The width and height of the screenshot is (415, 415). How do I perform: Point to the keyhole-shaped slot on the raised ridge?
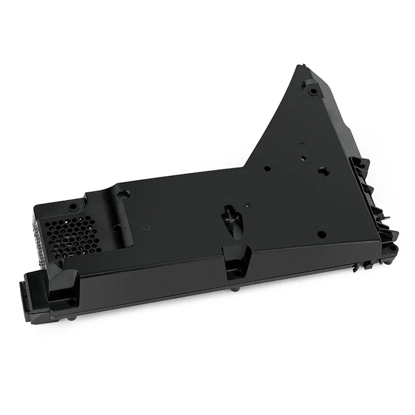[x=120, y=196]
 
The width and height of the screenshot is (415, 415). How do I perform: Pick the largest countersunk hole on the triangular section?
[x=322, y=170]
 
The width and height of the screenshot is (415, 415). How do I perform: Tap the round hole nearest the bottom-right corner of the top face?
[x=321, y=234]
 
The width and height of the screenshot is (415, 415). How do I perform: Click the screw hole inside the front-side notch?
[x=237, y=271]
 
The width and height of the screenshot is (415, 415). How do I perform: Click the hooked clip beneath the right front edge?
[x=358, y=267]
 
